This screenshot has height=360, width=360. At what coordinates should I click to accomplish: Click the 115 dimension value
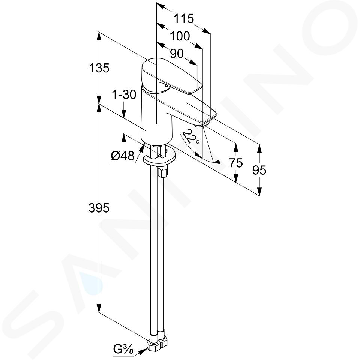[184, 19]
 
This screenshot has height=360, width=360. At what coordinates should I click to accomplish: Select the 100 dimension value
[180, 36]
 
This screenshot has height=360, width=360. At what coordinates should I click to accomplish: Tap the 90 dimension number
[177, 54]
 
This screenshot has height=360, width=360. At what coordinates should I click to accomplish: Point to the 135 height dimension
[99, 68]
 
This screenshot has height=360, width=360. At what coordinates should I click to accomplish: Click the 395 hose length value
[99, 208]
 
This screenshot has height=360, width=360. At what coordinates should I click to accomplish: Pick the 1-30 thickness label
[124, 94]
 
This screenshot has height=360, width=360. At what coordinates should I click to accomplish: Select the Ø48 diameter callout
[122, 156]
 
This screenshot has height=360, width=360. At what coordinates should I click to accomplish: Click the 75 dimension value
[236, 163]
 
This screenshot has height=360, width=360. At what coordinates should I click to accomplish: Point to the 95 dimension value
[259, 170]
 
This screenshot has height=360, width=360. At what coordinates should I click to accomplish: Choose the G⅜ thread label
[123, 349]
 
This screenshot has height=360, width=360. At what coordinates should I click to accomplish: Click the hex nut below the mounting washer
[162, 172]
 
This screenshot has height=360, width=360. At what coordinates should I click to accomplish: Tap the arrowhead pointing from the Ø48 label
[141, 148]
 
